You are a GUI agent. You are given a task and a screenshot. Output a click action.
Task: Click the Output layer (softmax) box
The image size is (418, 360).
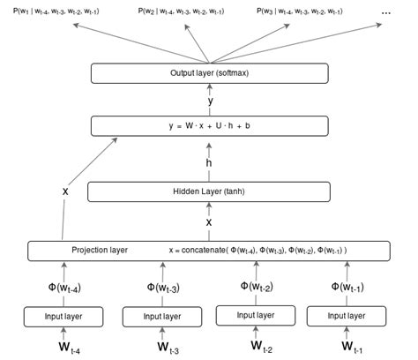[x=210, y=73]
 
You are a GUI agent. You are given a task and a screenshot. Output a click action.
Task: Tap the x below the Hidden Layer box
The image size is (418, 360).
[x=210, y=222]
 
